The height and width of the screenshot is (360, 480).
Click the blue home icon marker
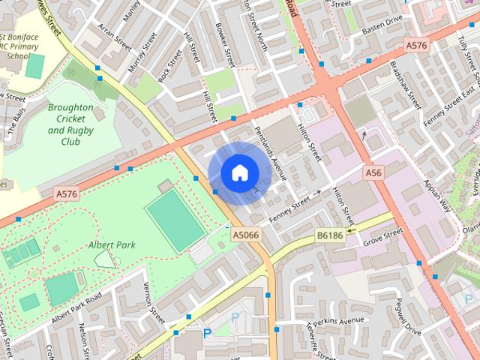click(238, 173)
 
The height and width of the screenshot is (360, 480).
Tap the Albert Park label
click(110, 244)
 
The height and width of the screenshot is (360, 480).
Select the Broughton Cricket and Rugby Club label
click(70, 124)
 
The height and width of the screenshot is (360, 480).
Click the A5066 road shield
click(247, 235)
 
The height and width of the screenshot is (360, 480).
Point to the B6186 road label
click(330, 235)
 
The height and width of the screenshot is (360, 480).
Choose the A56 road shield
click(374, 173)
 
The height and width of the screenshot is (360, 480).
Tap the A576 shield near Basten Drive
click(417, 46)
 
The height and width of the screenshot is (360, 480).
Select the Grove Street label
click(383, 238)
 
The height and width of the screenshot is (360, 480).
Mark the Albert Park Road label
click(76, 310)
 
